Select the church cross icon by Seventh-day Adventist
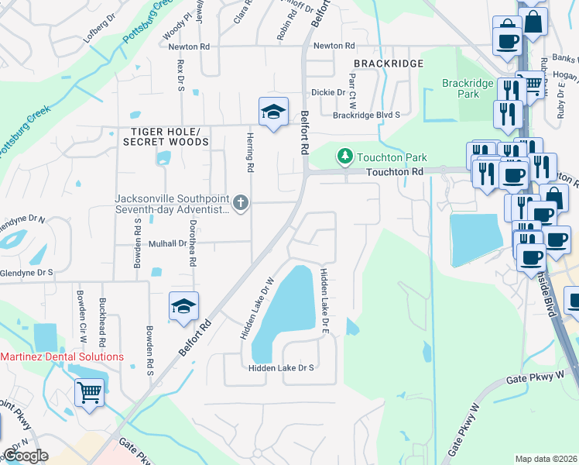pyautogui.click(x=241, y=204)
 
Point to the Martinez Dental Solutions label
pyautogui.click(x=61, y=356)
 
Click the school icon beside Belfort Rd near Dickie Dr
pyautogui.click(x=273, y=112)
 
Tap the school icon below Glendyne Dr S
pyautogui.click(x=183, y=307)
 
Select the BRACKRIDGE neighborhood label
pyautogui.click(x=389, y=63)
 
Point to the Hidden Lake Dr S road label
pyautogui.click(x=281, y=367)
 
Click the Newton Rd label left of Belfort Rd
pyautogui.click(x=189, y=46)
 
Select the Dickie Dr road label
pyautogui.click(x=328, y=92)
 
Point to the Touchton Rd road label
pyautogui.click(x=395, y=171)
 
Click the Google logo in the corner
pyautogui.click(x=26, y=455)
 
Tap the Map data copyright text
pyautogui.click(x=545, y=459)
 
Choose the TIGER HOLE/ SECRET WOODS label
pyautogui.click(x=166, y=136)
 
